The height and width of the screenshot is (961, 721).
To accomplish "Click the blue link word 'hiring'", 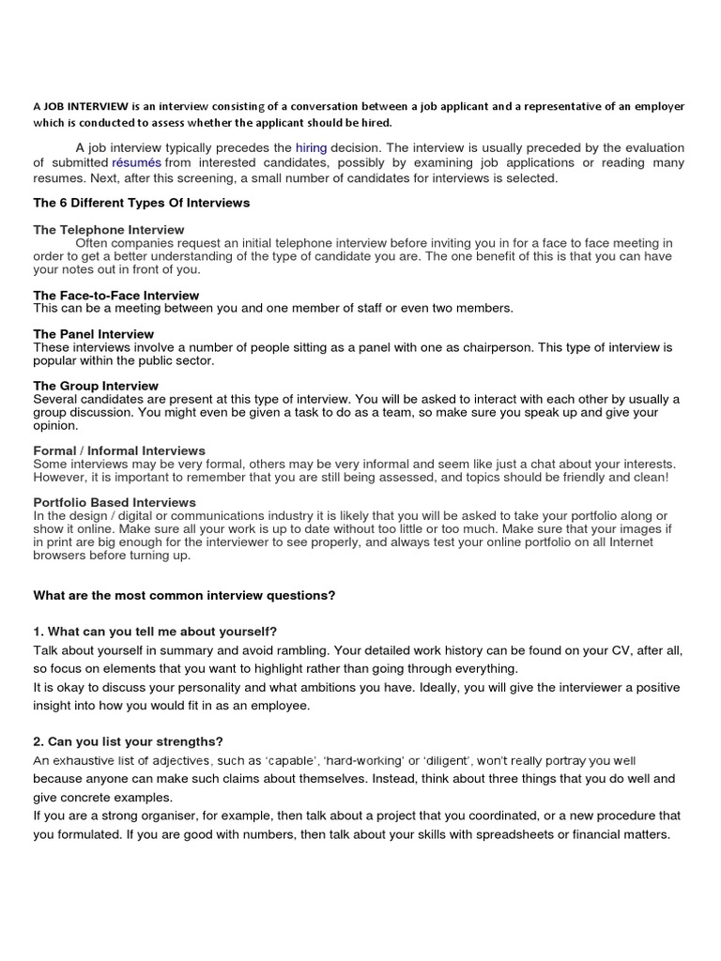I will tap(311, 147).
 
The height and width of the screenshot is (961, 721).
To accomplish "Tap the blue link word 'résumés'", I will tap(136, 162).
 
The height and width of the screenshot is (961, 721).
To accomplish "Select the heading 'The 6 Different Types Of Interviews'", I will tap(141, 203).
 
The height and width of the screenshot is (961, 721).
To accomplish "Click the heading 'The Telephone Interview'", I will tap(109, 230).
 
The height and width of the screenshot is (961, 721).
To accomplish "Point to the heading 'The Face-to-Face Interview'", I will tap(116, 296).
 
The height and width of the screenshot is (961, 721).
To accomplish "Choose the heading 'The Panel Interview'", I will tap(94, 334).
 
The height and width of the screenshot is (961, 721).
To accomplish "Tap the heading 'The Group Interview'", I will tap(96, 386).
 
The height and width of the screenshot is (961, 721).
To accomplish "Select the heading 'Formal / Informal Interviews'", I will tap(119, 451).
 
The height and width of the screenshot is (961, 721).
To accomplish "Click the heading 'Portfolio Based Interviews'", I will tap(115, 503).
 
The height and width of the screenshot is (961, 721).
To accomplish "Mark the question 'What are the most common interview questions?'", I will tap(184, 595).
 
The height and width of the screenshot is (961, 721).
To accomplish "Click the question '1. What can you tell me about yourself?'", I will tap(155, 631).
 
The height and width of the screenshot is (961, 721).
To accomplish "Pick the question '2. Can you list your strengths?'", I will tap(128, 741).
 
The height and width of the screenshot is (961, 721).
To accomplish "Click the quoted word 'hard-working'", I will tap(380, 760).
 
